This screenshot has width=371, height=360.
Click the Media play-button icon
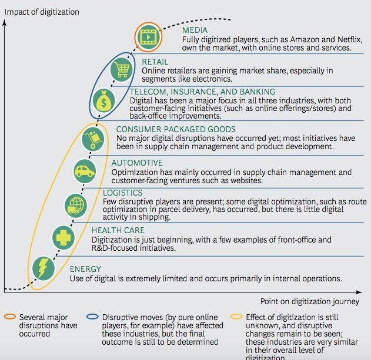click(x=147, y=36)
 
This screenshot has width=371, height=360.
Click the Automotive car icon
click(x=85, y=171)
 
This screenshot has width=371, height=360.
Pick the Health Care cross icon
click(x=62, y=237)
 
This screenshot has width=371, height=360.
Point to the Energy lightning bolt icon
click(x=42, y=269)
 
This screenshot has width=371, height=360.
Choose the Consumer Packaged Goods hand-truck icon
click(x=93, y=139)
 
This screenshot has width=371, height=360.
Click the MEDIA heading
click(x=195, y=30)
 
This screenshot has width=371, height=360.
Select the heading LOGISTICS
click(x=122, y=193)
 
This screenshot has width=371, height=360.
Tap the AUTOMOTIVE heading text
click(x=136, y=163)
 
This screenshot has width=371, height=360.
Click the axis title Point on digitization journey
click(x=309, y=301)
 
